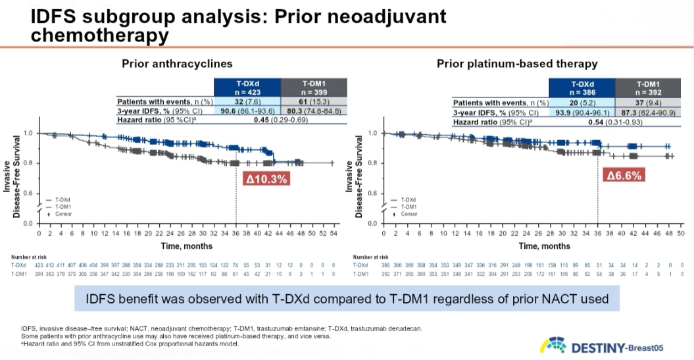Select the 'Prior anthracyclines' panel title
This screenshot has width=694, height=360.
tap(177, 64)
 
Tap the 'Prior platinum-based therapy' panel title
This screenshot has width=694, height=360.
tap(517, 64)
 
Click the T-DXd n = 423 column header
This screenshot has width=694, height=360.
tap(247, 88)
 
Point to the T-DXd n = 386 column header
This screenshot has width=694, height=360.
tap(582, 88)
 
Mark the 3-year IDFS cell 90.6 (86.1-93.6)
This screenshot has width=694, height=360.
tap(247, 111)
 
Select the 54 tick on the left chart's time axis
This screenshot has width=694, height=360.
tap(334, 234)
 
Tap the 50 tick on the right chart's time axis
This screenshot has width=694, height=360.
tap(681, 234)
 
